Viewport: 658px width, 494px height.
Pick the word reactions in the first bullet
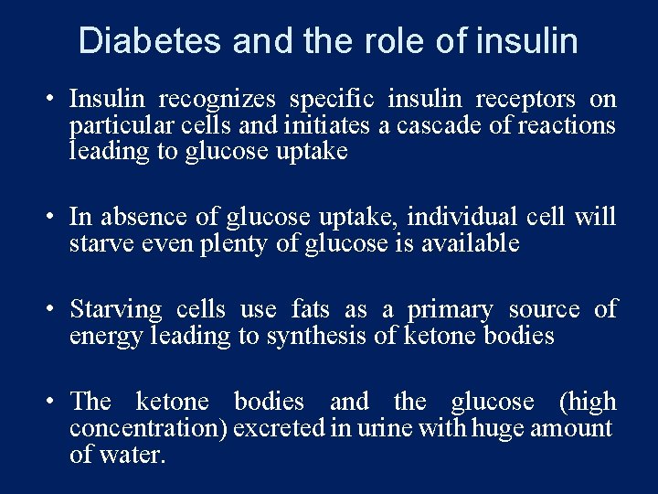566,125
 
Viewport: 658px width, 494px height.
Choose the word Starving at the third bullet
115,309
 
